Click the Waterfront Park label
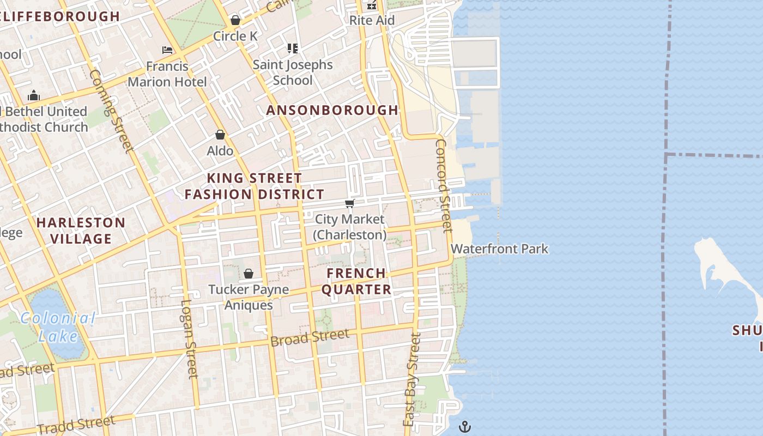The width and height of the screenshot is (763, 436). (x=499, y=249)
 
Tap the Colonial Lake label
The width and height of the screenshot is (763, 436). (x=58, y=327)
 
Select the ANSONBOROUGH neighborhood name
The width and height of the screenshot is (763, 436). (x=332, y=110)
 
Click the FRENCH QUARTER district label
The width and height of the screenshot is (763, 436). (x=356, y=281)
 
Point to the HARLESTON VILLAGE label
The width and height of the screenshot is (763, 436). (x=81, y=231)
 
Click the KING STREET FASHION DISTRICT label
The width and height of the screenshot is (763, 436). (x=255, y=186)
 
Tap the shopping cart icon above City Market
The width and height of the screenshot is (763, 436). (x=349, y=204)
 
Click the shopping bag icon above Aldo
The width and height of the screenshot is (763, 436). (x=220, y=135)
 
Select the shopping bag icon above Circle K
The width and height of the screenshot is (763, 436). (x=235, y=20)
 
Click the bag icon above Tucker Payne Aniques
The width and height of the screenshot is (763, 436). (x=249, y=274)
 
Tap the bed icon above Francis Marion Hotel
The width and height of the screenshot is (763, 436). (x=167, y=50)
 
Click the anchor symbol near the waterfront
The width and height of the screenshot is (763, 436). (x=464, y=426)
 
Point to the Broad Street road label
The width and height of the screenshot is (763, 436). (x=310, y=338)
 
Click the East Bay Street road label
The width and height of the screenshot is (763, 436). (x=412, y=379)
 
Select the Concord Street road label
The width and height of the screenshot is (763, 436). (x=444, y=185)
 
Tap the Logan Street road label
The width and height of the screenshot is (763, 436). (x=189, y=339)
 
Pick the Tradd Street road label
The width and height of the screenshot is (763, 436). (x=76, y=424)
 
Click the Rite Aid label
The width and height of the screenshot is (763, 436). (x=372, y=21)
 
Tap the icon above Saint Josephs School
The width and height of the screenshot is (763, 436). (x=293, y=49)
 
